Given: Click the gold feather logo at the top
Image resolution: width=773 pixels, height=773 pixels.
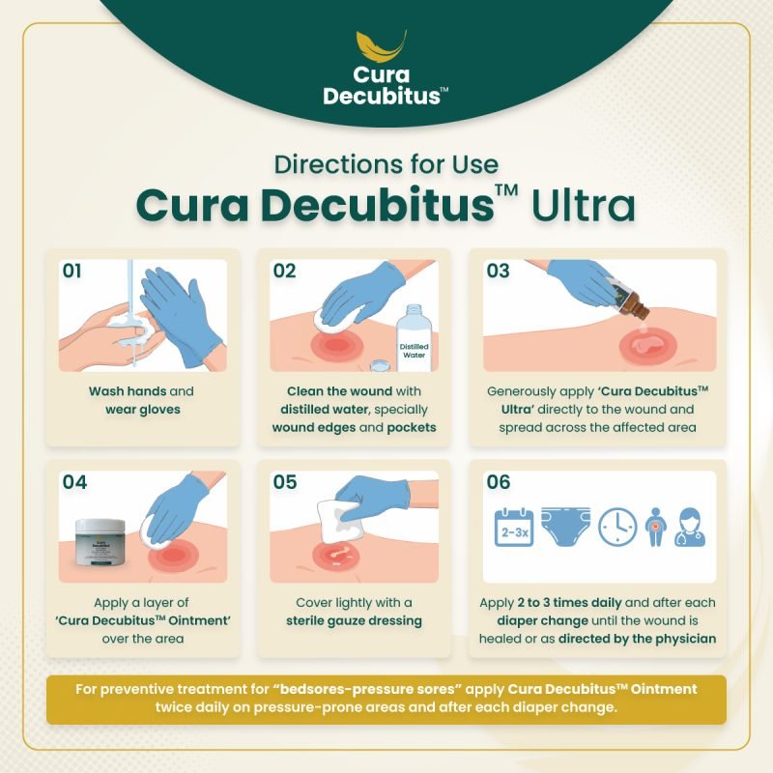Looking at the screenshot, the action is pos(382,47).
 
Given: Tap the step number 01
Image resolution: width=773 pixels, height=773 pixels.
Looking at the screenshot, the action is pos(72,271).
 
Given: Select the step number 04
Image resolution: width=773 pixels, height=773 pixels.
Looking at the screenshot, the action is pos(74,481).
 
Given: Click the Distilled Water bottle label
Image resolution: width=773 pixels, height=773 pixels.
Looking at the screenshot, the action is pos(414,351).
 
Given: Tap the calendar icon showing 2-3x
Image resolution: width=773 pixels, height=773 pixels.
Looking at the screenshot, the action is pos(514,527).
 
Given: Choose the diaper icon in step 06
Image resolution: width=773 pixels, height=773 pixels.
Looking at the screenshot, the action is pos(565,526).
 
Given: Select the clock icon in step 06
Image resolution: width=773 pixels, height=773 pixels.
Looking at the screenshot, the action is pos(617,527).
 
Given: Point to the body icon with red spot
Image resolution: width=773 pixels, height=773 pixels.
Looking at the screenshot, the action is pos(655,527).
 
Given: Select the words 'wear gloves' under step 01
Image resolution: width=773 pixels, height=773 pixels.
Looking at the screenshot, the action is pos(143,410).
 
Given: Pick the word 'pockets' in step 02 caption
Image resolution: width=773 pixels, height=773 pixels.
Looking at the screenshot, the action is pos(412,427).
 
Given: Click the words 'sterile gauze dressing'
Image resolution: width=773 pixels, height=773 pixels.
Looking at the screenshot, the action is pos(354,620).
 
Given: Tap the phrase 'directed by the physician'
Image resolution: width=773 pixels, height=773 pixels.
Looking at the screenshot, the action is pos(638,639).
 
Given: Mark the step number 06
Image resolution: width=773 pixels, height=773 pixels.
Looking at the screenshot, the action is pos(499,481).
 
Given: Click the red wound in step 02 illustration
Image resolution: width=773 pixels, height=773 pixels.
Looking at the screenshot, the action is pos(335,345).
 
